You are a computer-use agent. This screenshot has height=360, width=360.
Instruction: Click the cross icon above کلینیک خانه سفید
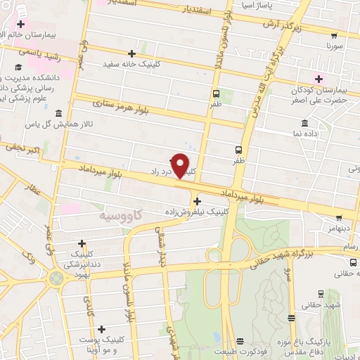[x=131, y=53]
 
